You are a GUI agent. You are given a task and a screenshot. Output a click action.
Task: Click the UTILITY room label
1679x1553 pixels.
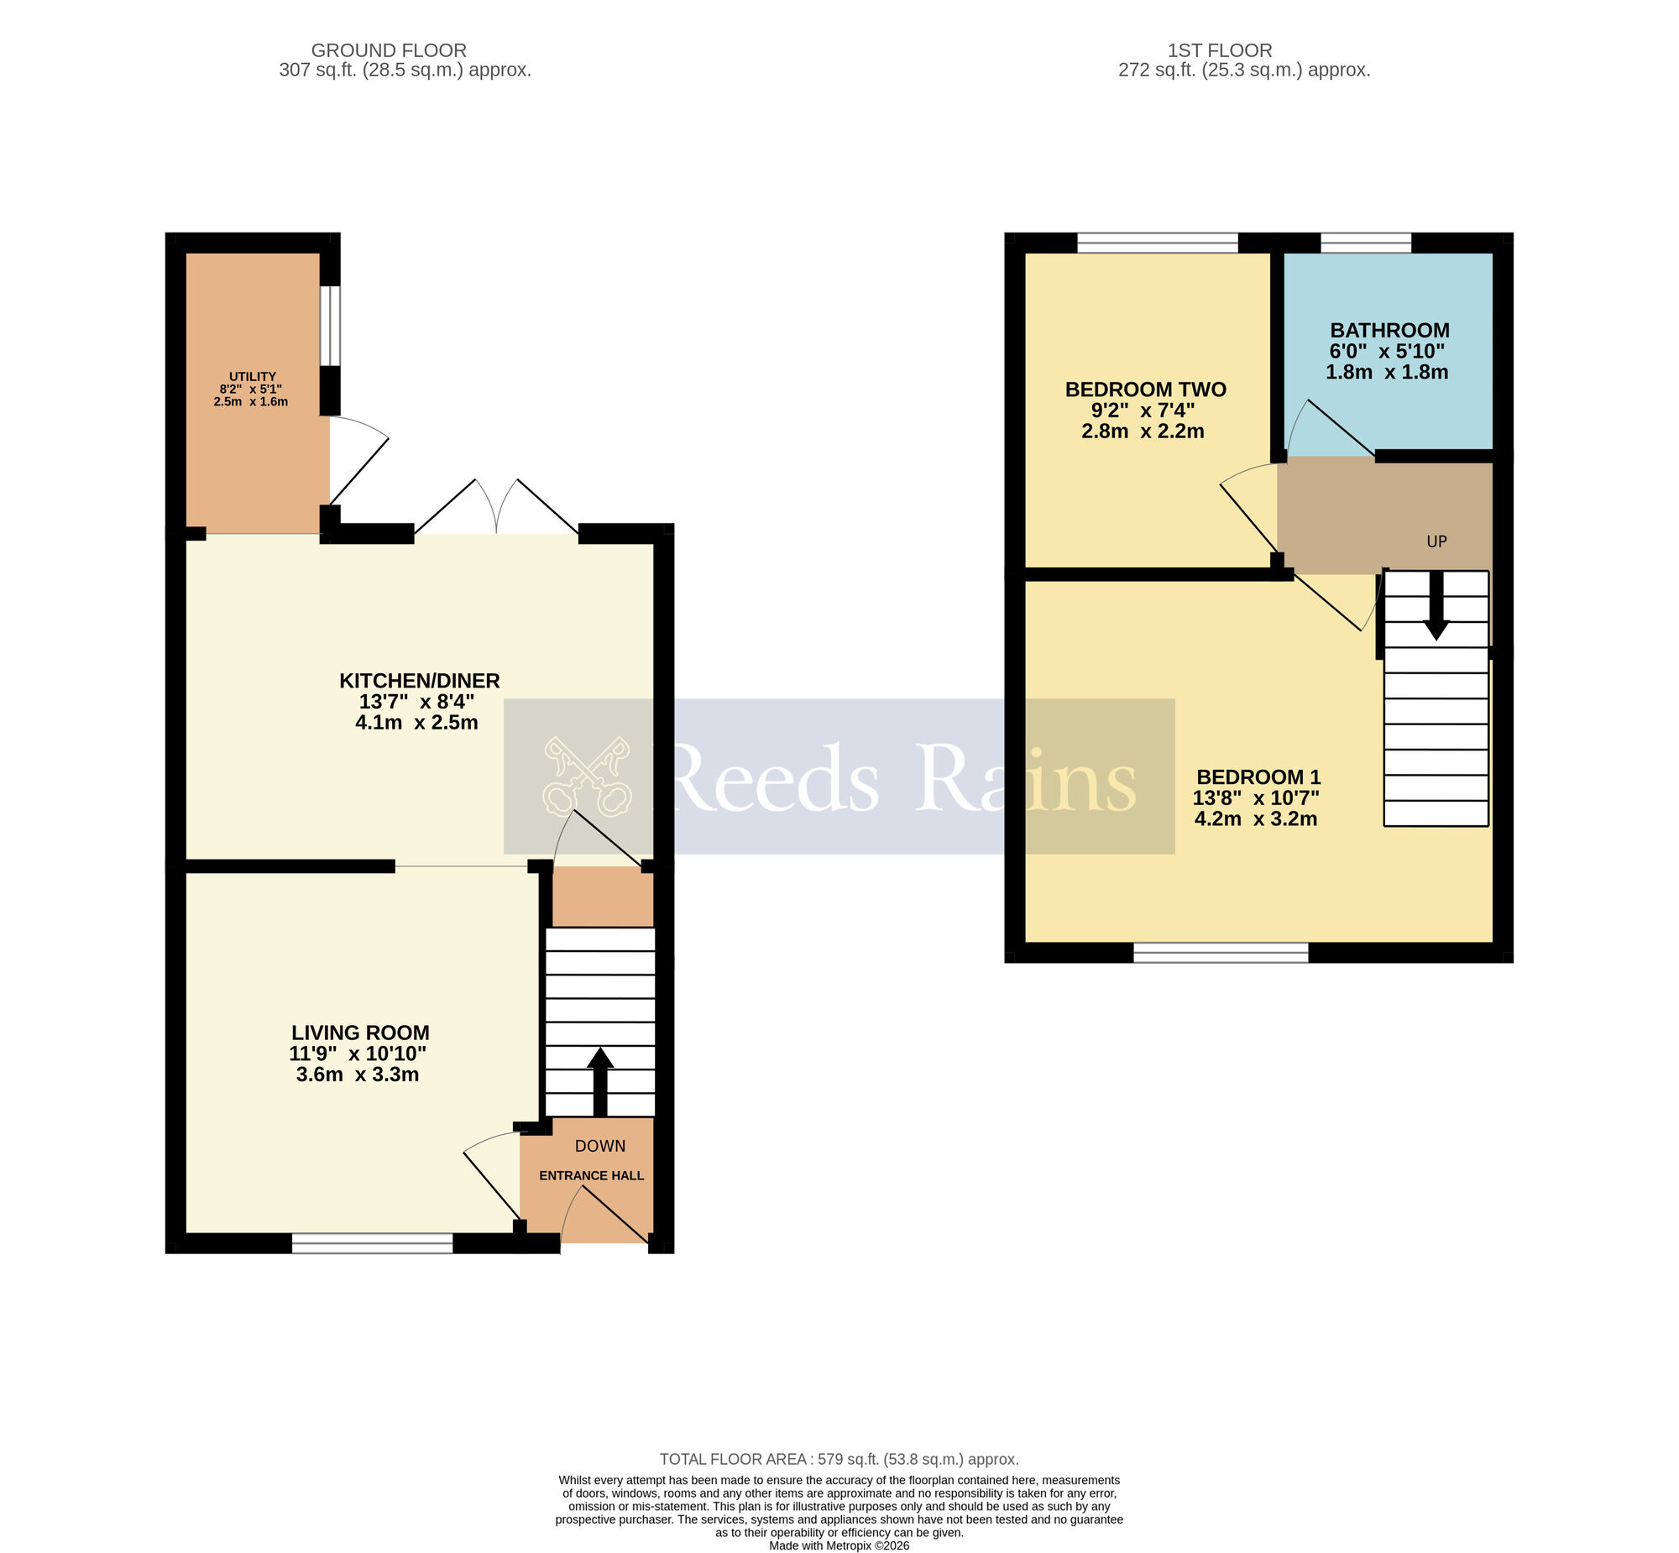pos(252,376)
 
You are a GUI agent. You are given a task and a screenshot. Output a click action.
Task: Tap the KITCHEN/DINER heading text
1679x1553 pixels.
pos(419,681)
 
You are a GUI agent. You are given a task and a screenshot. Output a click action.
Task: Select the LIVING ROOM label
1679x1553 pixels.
pos(360,1033)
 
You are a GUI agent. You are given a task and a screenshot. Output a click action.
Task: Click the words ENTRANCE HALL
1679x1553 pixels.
pos(592,1176)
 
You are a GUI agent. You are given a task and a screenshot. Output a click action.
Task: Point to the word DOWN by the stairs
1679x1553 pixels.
pos(600,1146)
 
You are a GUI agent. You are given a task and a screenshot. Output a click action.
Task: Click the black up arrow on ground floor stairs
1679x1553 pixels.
pos(599,1080)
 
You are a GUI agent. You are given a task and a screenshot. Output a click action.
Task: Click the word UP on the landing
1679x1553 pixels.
pos(1436,542)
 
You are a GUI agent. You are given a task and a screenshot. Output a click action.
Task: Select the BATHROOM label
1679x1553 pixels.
pos(1389,330)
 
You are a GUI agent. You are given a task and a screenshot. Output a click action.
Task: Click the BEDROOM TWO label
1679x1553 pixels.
pos(1145,390)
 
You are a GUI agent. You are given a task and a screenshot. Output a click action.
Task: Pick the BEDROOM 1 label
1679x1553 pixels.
pos(1258,777)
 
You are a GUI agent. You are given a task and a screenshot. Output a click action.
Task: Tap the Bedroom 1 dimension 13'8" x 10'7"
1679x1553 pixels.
pos(1255,798)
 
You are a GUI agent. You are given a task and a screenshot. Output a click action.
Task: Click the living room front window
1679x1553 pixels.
pos(372,1245)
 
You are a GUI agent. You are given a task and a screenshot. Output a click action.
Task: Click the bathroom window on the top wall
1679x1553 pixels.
pos(1366,243)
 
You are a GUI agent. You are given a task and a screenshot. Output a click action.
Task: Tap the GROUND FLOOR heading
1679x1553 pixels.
pos(388,50)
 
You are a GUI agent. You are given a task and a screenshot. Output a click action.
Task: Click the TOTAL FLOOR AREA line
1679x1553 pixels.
pos(839,1460)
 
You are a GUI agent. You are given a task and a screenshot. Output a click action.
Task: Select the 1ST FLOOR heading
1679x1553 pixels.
pos(1219,50)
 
